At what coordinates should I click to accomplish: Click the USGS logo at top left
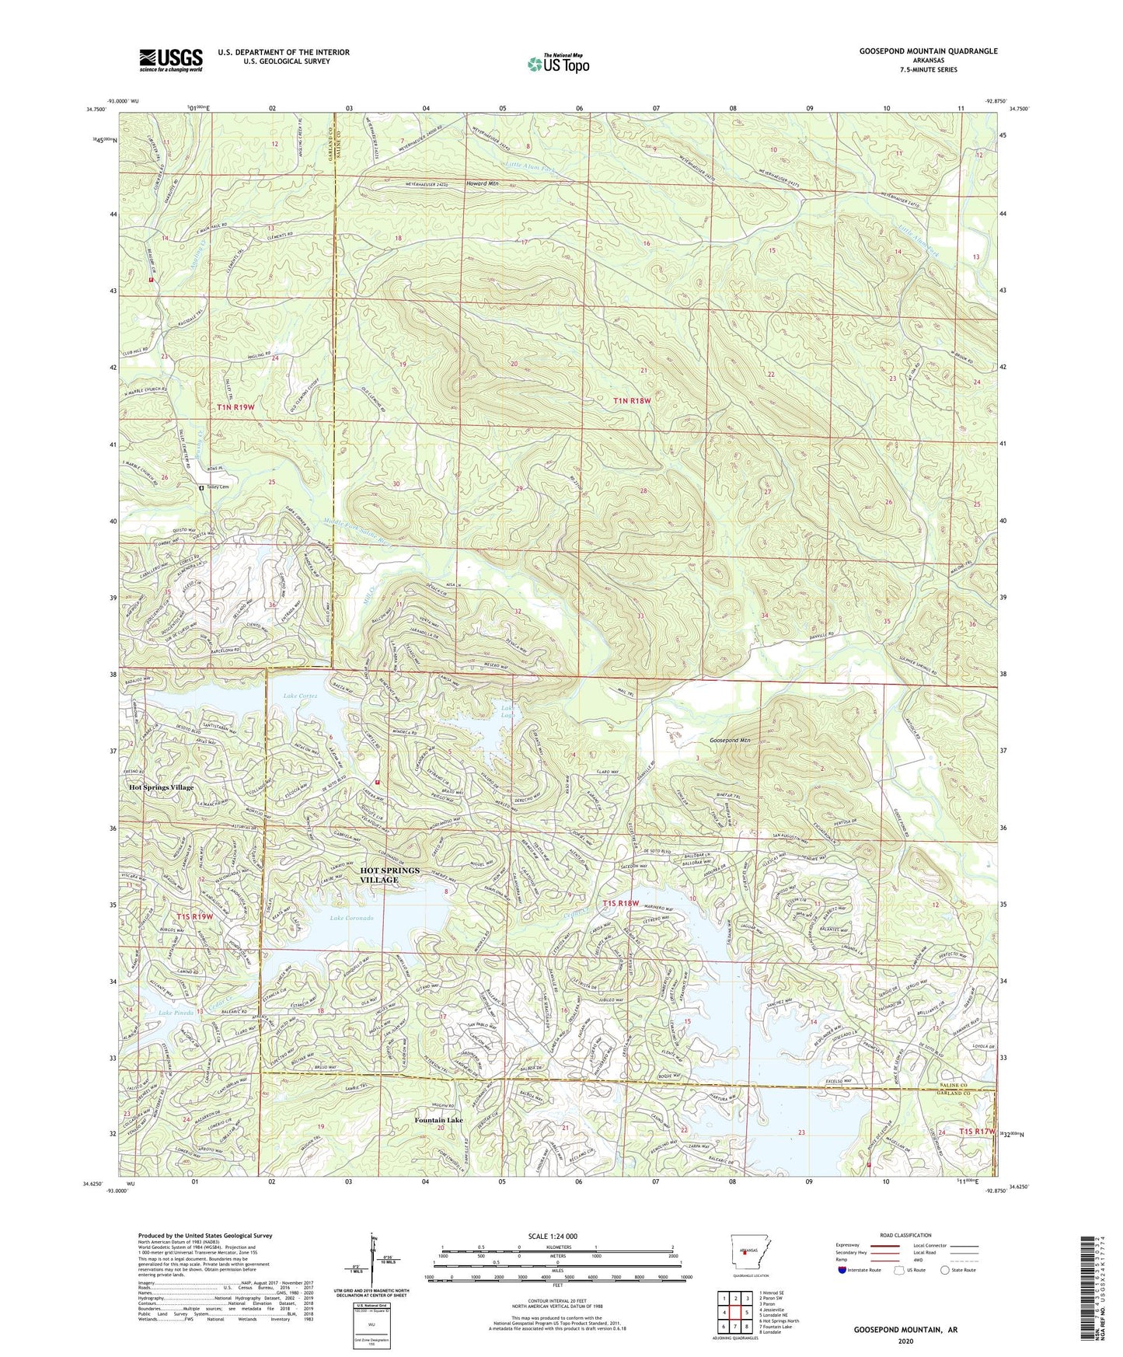[170, 59]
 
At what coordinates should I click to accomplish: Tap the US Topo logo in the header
[559, 64]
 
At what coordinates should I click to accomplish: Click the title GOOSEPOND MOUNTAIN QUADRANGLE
[928, 51]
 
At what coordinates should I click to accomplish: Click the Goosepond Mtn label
[729, 741]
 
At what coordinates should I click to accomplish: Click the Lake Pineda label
[176, 1013]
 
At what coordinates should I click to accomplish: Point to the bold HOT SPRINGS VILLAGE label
[389, 874]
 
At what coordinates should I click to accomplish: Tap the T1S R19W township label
[194, 916]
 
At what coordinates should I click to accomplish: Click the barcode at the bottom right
[1093, 1290]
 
